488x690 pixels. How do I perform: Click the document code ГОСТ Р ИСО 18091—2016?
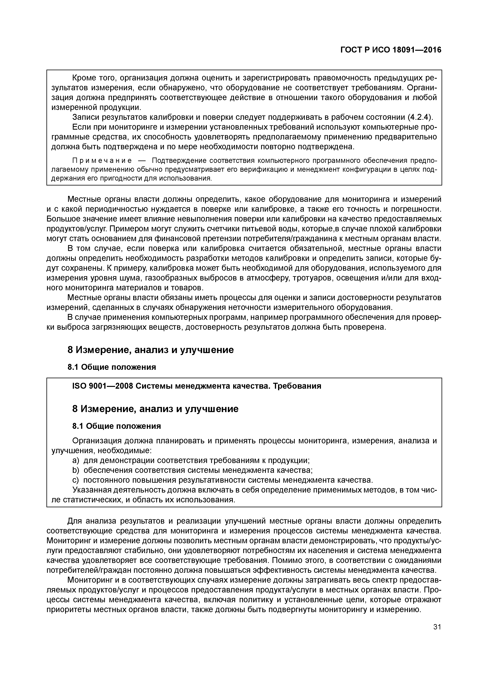(x=391, y=50)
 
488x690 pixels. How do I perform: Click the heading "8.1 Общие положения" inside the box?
(x=117, y=426)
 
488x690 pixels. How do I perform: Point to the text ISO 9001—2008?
(x=102, y=386)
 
